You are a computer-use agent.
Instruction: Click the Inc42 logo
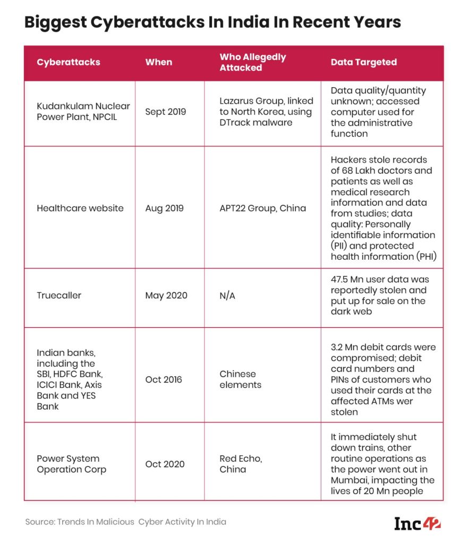pyautogui.click(x=418, y=523)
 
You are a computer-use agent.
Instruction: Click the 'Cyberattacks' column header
pyautogui.click(x=69, y=62)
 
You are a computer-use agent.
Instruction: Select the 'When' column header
pyautogui.click(x=158, y=62)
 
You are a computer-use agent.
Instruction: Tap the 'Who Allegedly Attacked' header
pyautogui.click(x=253, y=62)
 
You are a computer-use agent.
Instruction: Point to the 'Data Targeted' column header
pyautogui.click(x=363, y=62)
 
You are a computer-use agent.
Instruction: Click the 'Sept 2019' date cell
pyautogui.click(x=166, y=112)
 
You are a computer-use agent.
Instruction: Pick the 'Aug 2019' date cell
pyautogui.click(x=164, y=208)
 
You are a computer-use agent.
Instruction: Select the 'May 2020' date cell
pyautogui.click(x=166, y=295)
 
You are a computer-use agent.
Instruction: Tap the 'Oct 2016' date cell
pyautogui.click(x=164, y=379)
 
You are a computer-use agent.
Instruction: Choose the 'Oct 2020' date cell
pyautogui.click(x=165, y=464)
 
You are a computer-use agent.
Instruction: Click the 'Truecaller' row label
pyautogui.click(x=59, y=295)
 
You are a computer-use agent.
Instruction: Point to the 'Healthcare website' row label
pyautogui.click(x=80, y=208)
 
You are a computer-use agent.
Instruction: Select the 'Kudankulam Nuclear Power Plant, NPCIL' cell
pyautogui.click(x=83, y=112)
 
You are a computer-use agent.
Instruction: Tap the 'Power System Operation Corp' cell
pyautogui.click(x=71, y=464)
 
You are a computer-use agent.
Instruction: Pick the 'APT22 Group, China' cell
pyautogui.click(x=262, y=208)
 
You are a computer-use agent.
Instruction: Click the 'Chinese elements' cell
pyautogui.click(x=237, y=379)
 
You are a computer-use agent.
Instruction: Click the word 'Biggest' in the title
pyautogui.click(x=57, y=22)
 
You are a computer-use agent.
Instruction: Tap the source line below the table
pyautogui.click(x=125, y=522)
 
